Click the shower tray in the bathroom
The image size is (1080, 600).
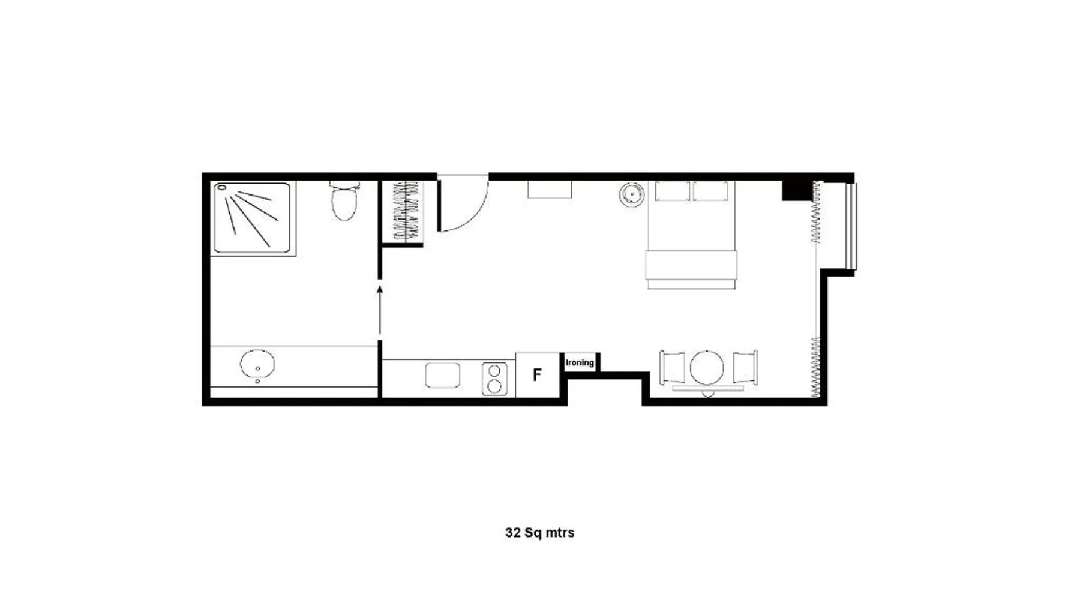(253, 218)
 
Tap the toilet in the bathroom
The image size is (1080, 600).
(344, 200)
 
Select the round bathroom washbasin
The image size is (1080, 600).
(257, 364)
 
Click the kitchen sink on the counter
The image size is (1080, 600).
(443, 376)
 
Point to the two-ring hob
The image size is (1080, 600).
(494, 379)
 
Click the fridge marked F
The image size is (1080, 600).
(538, 374)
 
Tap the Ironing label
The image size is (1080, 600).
(580, 362)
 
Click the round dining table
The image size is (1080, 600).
(707, 367)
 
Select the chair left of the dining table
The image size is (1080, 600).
(672, 367)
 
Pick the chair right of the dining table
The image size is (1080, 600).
(745, 367)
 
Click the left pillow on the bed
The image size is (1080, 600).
(673, 191)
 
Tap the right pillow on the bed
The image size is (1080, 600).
(711, 191)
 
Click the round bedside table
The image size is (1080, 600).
(632, 195)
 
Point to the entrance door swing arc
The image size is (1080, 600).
(477, 215)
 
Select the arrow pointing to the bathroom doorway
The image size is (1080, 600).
(380, 310)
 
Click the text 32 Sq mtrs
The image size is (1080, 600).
(539, 533)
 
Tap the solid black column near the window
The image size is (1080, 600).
(797, 190)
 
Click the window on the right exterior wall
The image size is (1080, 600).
(851, 226)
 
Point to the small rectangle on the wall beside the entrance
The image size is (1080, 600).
(550, 189)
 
